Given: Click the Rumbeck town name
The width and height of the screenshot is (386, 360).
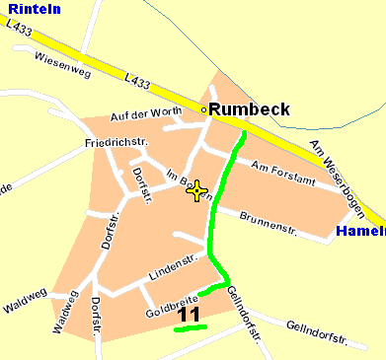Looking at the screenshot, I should tap(250, 108).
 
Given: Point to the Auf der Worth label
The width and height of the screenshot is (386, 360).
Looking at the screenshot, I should tap(146, 112).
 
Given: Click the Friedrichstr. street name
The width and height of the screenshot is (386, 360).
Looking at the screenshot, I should tap(116, 142).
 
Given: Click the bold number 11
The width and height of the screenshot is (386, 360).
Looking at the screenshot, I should tap(189, 315).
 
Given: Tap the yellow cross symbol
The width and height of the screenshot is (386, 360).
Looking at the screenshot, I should tap(196, 191).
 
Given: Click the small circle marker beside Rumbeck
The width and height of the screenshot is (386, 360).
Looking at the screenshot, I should tap(204, 110).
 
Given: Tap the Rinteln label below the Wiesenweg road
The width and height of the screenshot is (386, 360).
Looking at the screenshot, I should tap(27, 91).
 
